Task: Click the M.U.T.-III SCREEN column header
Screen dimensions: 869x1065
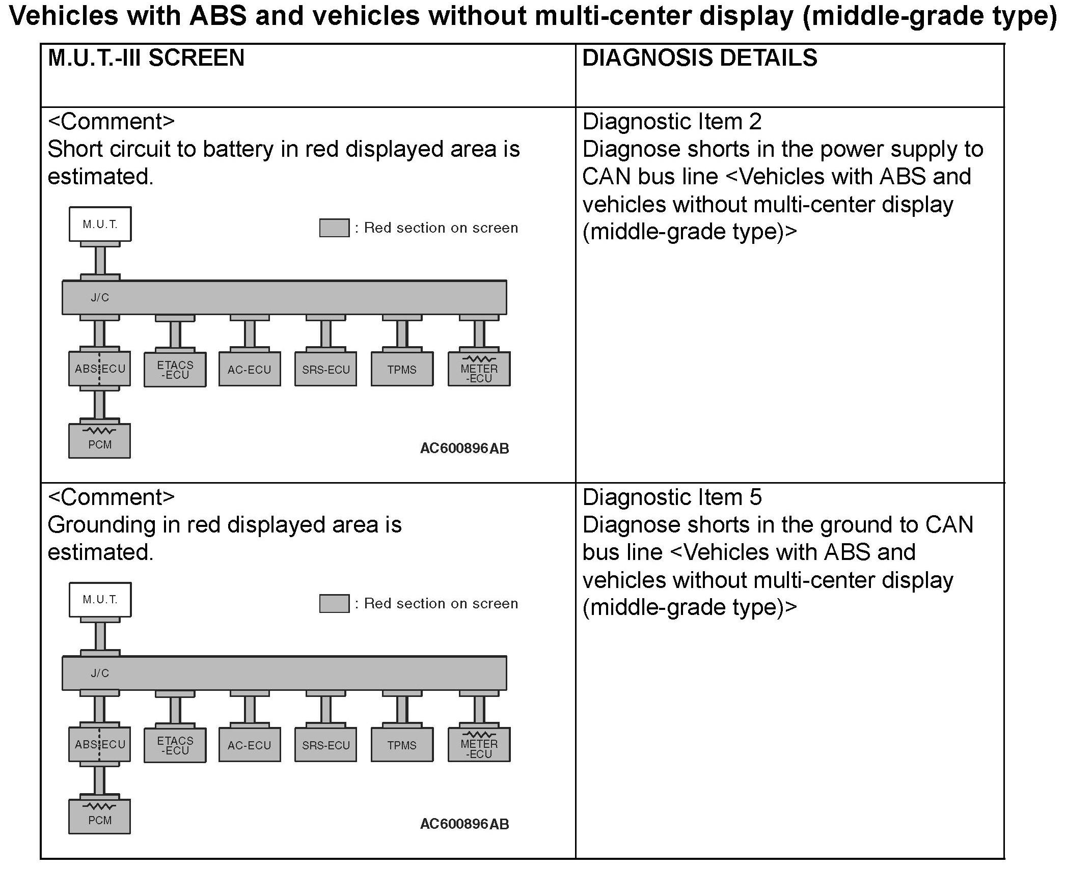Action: click(x=146, y=58)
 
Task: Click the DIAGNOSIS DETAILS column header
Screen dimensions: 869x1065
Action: click(x=699, y=58)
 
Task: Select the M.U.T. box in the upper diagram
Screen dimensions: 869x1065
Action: click(x=100, y=224)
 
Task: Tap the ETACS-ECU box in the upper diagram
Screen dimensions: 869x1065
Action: click(x=175, y=370)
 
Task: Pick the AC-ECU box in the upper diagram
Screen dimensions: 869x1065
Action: click(x=250, y=370)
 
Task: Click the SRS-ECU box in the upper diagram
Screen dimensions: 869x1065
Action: click(x=326, y=370)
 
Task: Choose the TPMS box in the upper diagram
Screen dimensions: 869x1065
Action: click(x=402, y=370)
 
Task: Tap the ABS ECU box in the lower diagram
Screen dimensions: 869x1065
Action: click(x=100, y=745)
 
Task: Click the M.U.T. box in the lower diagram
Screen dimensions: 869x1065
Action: click(x=100, y=600)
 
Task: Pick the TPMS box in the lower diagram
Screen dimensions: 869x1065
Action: click(x=402, y=745)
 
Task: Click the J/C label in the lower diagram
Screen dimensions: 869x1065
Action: click(x=100, y=674)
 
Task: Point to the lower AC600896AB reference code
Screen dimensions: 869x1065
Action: click(x=464, y=824)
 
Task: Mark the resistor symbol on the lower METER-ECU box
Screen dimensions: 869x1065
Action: click(x=479, y=735)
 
